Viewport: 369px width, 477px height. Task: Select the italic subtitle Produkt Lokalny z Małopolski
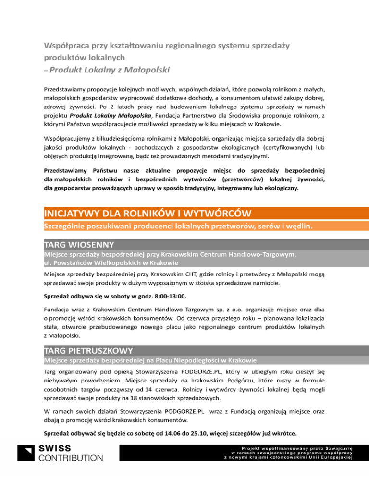(109, 71)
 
